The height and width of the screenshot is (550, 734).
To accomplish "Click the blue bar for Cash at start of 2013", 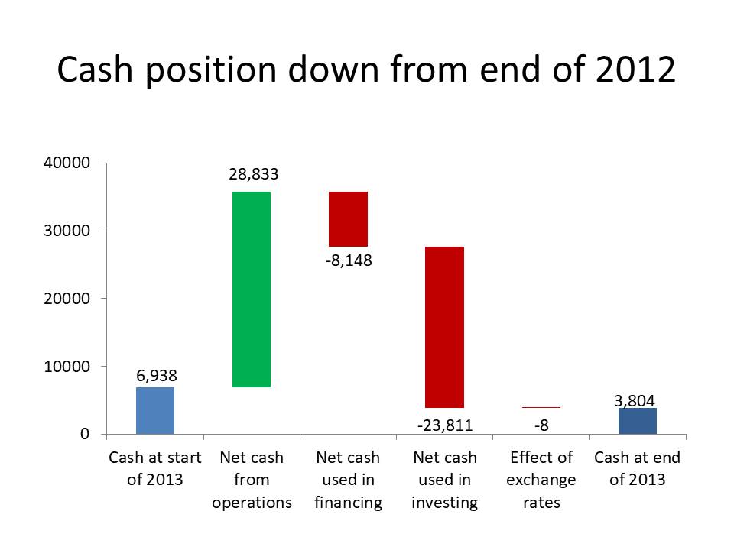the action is point(155,411).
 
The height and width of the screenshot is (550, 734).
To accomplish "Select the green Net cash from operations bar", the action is point(252,290).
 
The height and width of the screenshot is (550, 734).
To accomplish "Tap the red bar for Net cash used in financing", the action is point(349,219).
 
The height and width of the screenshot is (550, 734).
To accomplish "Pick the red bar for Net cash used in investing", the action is point(444,327).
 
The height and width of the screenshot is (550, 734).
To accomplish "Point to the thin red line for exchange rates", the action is point(541,408).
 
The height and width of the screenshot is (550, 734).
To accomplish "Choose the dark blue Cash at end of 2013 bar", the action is point(638,421).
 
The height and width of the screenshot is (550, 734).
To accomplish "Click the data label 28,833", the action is point(254,174).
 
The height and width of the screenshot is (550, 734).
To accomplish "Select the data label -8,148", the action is point(349,260).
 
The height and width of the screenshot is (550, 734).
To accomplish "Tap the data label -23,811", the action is point(445,425).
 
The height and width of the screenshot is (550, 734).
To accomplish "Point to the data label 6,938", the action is point(157,376).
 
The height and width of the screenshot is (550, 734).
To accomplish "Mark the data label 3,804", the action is point(635,401).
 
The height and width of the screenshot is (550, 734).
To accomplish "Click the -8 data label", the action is point(541,425).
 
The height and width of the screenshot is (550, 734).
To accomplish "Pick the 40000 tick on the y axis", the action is point(67,163).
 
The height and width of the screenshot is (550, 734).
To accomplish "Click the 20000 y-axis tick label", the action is point(67,299).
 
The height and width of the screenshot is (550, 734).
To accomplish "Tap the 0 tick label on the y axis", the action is point(85,434).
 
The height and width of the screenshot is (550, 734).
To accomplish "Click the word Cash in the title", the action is point(95,70).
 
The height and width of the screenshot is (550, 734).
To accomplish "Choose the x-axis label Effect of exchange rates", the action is point(541,480).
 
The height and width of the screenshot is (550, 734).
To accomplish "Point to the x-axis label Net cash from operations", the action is point(252,480).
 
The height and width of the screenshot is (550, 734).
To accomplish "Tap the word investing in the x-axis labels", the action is point(445,503).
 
